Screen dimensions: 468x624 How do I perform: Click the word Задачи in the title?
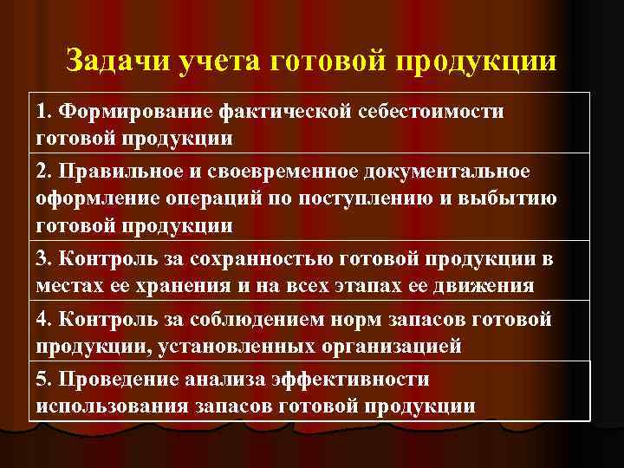click(x=119, y=62)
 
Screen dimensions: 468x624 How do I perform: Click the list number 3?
click(x=42, y=258)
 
